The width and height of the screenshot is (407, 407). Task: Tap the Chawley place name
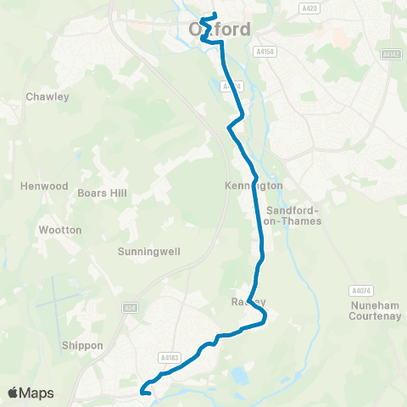(47, 97)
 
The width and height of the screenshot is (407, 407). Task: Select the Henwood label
(44, 186)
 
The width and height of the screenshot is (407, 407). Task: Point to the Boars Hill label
(102, 193)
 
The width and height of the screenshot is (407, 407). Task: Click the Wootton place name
(60, 230)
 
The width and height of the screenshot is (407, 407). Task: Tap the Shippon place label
(82, 345)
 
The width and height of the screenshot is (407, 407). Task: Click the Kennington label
(254, 185)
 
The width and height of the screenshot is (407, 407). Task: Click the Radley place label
(248, 302)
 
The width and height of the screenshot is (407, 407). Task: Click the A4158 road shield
(264, 52)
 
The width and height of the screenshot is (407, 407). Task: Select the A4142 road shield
(391, 54)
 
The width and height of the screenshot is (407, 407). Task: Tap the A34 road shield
(129, 308)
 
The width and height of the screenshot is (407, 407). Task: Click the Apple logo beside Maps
(14, 393)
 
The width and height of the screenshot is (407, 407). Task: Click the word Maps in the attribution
(37, 393)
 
